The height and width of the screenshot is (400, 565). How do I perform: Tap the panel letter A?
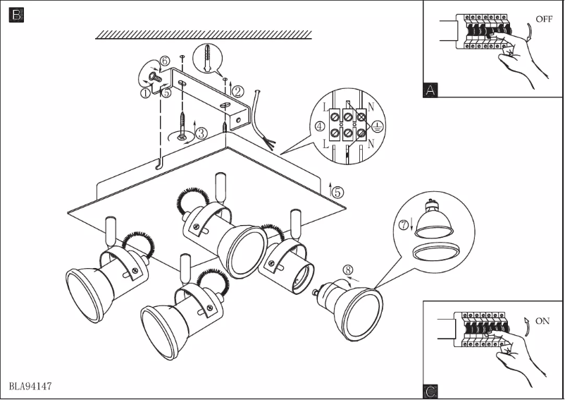point(431,90)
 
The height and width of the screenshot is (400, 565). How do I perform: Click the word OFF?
point(543,19)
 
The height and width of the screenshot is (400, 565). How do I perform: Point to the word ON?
point(542,321)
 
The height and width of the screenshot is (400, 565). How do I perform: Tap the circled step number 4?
point(321,127)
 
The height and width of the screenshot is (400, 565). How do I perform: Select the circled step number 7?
point(404,226)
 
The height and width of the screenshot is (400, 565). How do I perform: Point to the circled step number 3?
point(201,132)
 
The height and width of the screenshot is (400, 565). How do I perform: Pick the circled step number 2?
point(238,91)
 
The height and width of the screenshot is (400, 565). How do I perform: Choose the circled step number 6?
point(165,61)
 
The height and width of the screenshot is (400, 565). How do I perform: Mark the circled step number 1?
point(145,92)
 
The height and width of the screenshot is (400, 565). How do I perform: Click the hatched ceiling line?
point(204,35)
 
